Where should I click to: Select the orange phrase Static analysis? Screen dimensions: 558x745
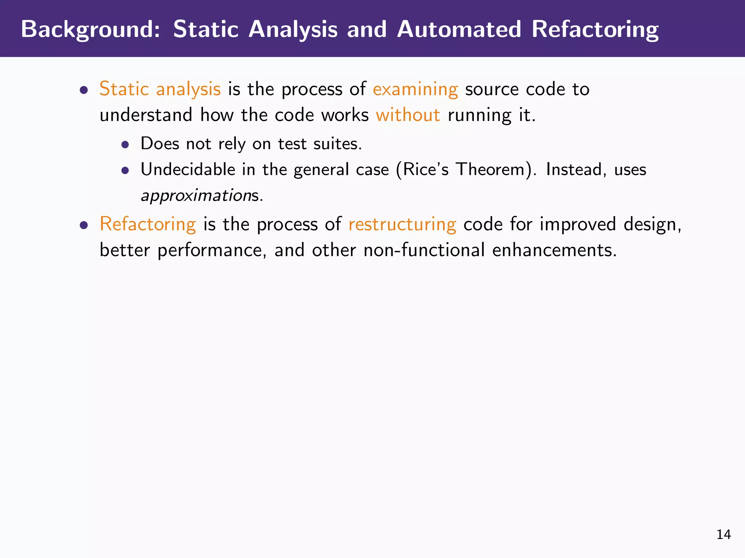click(160, 89)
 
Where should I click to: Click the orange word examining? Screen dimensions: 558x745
click(415, 89)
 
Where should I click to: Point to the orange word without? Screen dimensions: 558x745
click(408, 115)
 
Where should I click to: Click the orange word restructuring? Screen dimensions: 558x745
click(402, 224)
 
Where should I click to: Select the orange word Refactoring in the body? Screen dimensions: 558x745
click(148, 224)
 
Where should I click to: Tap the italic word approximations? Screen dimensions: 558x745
click(201, 195)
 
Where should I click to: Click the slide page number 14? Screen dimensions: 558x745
click(723, 534)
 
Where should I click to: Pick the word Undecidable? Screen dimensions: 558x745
click(188, 170)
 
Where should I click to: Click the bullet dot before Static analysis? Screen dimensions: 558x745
click(84, 90)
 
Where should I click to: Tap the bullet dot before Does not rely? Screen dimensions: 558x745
click(125, 145)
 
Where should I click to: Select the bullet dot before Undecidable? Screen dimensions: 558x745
click(125, 170)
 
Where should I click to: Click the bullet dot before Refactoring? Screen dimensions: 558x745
click(84, 225)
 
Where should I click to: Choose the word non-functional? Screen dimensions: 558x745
click(424, 250)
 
